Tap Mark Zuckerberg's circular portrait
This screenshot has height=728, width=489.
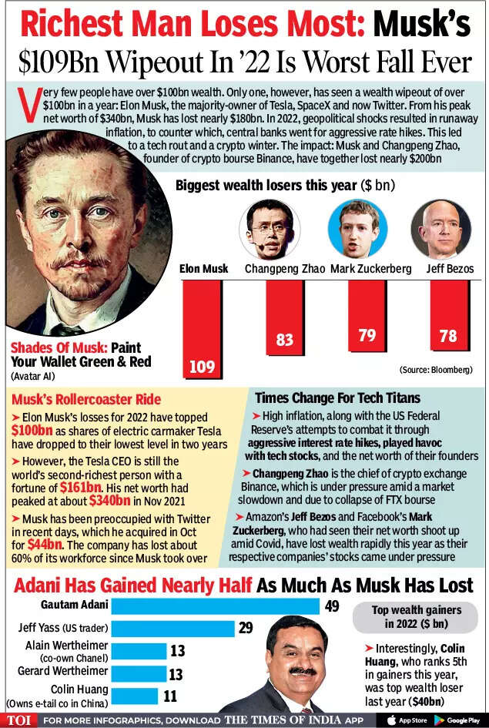pos(353,229)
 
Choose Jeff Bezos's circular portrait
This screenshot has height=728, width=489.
pos(440,229)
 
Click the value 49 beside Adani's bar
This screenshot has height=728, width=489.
pos(331,606)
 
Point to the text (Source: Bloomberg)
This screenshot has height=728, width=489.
pos(435,371)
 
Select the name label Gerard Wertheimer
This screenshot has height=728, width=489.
pos(61,671)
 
